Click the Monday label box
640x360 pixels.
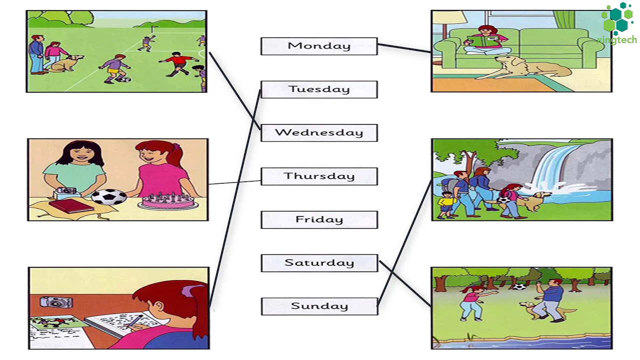[x=319, y=46]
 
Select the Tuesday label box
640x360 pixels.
[x=319, y=89]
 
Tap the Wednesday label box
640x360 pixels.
[x=319, y=133]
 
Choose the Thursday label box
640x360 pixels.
[x=319, y=176]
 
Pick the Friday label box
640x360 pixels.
[x=319, y=220]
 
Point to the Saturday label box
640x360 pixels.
[x=319, y=263]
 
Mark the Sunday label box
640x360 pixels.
[x=319, y=306]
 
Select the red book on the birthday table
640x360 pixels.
[x=70, y=205]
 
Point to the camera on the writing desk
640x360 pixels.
[x=56, y=301]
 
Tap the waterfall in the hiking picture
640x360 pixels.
[x=550, y=167]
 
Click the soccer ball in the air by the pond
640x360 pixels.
[x=520, y=287]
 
